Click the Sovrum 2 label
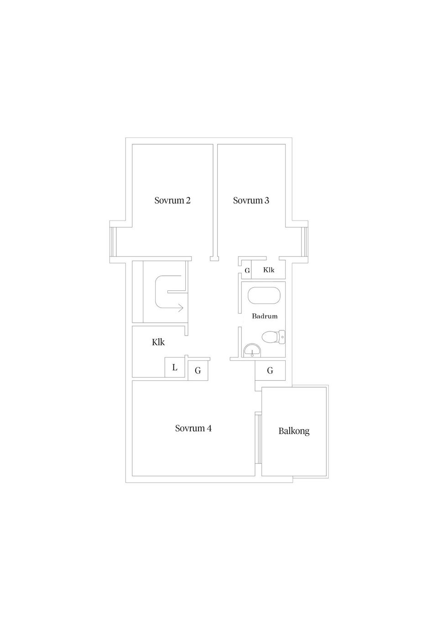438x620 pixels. point(172,200)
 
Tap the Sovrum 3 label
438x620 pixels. point(251,200)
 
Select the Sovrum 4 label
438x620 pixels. point(193,428)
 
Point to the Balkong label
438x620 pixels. point(294,431)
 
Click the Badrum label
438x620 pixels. point(265,316)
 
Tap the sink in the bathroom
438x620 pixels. point(252,350)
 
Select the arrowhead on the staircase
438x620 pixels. point(181,308)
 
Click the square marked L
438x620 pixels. point(175,367)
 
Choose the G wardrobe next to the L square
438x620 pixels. point(198,370)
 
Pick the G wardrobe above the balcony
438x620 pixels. point(270,370)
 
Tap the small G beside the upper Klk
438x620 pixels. point(247,271)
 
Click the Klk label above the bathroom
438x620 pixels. point(269,270)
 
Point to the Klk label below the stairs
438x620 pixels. point(158,342)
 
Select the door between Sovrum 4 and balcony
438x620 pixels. point(258,438)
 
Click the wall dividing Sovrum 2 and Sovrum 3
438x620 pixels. point(215,201)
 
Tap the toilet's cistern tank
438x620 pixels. point(282,337)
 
